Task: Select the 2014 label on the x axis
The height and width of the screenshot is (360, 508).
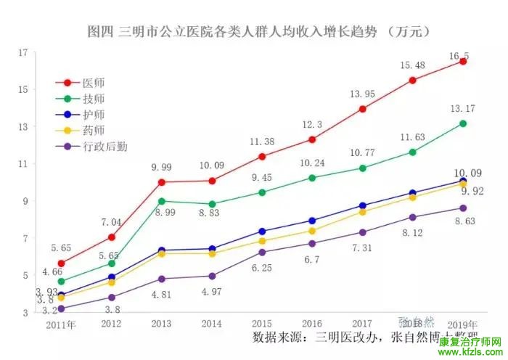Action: click(x=211, y=324)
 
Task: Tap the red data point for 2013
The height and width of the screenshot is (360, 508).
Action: click(x=161, y=182)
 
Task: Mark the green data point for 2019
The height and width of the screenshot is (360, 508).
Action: click(x=462, y=123)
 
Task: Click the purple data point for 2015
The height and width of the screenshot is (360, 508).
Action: click(x=262, y=252)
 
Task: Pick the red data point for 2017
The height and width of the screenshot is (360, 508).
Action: click(x=362, y=109)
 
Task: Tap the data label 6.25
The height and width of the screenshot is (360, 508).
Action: click(x=262, y=268)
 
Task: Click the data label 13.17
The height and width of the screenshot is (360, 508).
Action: click(x=462, y=109)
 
